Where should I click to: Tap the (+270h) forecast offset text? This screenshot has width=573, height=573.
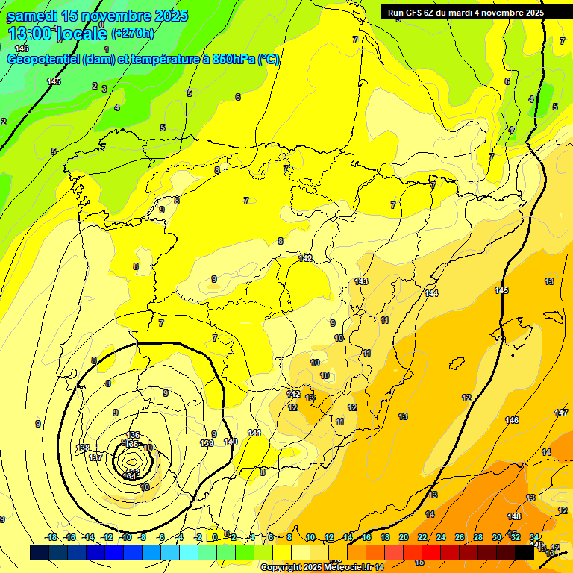point(133,33)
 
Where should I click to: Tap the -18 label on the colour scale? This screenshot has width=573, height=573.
point(51,537)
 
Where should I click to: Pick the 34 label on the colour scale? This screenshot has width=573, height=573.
point(534,537)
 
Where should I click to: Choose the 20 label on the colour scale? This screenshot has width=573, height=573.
point(404,537)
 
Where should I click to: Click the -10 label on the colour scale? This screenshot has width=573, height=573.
point(125,537)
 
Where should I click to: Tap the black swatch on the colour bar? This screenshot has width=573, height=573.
point(525,552)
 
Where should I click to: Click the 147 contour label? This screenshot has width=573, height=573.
point(561,413)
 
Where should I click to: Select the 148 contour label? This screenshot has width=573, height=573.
point(514,516)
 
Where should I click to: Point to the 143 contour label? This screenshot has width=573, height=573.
point(361,281)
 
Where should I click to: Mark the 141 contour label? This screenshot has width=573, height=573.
point(254,433)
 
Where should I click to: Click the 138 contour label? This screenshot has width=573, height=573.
point(83,448)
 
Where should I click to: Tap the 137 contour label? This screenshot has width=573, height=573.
point(95,457)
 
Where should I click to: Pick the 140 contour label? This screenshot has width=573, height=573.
point(231,442)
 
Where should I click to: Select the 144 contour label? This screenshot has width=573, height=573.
point(431,293)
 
